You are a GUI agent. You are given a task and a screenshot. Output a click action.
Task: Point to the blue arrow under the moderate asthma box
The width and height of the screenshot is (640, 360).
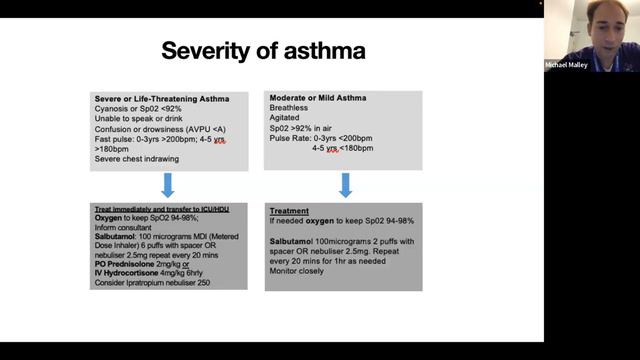pyautogui.click(x=344, y=184)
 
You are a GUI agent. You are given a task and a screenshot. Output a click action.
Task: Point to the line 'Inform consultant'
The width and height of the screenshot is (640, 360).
pyautogui.click(x=127, y=226)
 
